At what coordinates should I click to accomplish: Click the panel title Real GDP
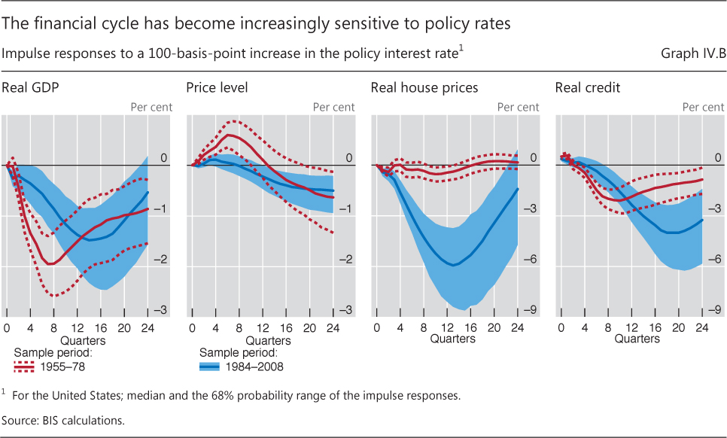coord(31,88)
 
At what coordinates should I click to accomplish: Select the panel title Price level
coord(217,88)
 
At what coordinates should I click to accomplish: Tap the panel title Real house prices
coord(424,88)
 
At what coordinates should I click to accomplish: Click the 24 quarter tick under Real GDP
coord(147,328)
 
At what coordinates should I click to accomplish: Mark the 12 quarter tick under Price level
coord(263,328)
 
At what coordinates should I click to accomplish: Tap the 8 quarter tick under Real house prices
coord(424,328)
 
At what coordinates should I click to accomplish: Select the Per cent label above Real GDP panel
coord(151,107)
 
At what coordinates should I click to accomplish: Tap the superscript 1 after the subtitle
coord(461,49)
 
